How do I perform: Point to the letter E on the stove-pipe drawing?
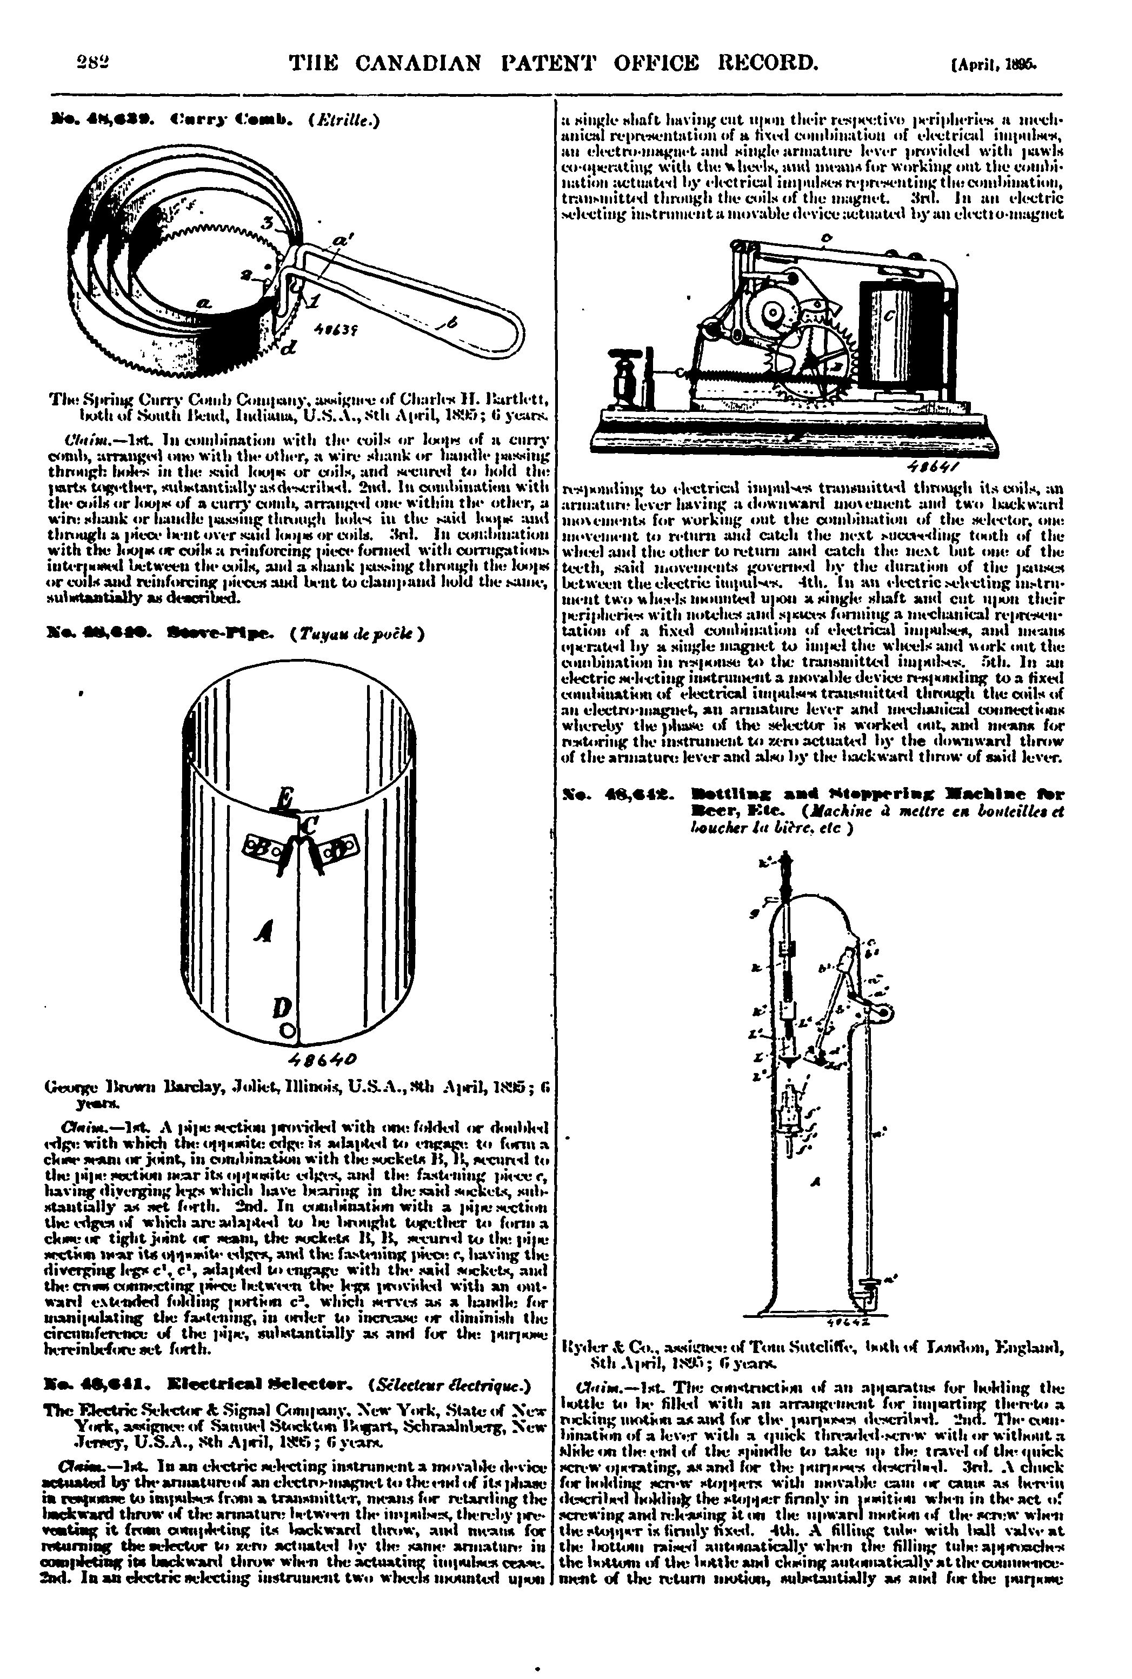pyautogui.click(x=286, y=798)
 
